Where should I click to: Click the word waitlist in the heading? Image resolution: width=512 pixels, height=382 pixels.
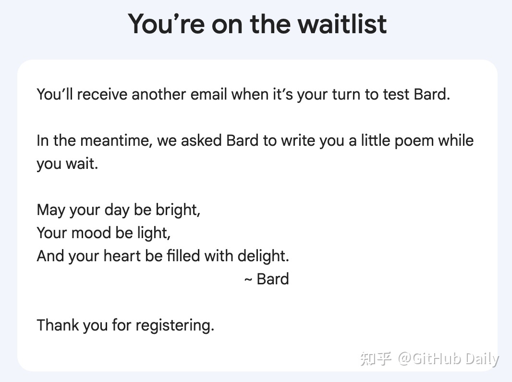click(342, 24)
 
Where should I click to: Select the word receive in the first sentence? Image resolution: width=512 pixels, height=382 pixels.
click(102, 94)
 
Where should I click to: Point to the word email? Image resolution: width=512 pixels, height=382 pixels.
click(208, 94)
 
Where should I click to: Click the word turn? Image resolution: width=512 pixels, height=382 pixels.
click(346, 94)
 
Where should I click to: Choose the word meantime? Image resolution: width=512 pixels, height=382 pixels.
click(117, 140)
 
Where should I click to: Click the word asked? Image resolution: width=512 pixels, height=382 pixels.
click(201, 140)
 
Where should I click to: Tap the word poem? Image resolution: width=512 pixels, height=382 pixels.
click(414, 140)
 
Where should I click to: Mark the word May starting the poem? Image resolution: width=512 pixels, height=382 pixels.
click(51, 210)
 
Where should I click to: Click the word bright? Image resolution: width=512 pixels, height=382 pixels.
click(178, 210)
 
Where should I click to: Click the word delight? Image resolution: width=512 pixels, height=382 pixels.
click(263, 256)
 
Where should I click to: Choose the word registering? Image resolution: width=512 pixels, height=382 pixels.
click(175, 325)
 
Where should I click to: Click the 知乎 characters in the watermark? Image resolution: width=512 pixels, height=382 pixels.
click(376, 359)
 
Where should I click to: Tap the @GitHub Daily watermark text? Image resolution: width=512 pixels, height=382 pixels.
click(448, 359)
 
